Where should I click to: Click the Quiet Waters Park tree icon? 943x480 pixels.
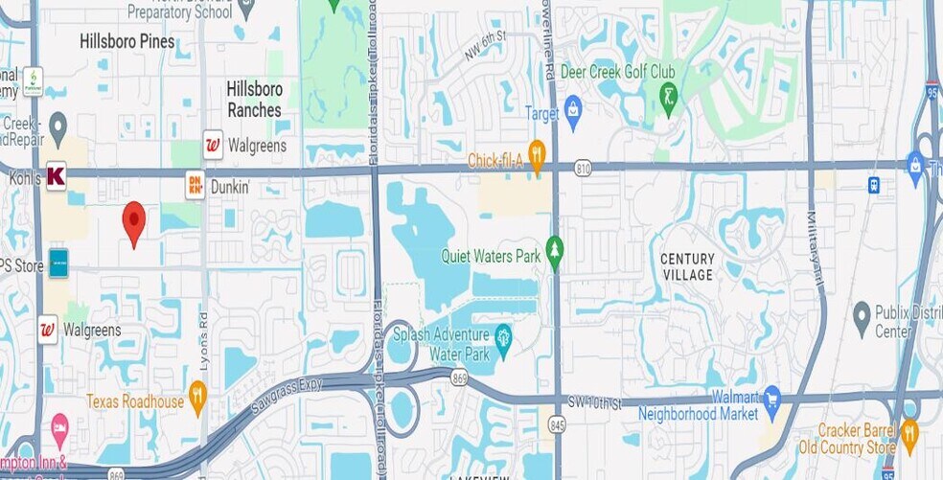554,250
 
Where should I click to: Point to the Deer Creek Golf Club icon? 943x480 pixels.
668,94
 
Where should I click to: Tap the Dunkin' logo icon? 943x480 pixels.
195,184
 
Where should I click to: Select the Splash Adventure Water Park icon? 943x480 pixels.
501,335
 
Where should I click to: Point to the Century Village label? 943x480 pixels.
687,266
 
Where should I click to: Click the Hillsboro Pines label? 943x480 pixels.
127,41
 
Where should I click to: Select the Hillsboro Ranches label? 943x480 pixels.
254,99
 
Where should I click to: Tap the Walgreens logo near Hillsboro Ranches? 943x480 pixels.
213,145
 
